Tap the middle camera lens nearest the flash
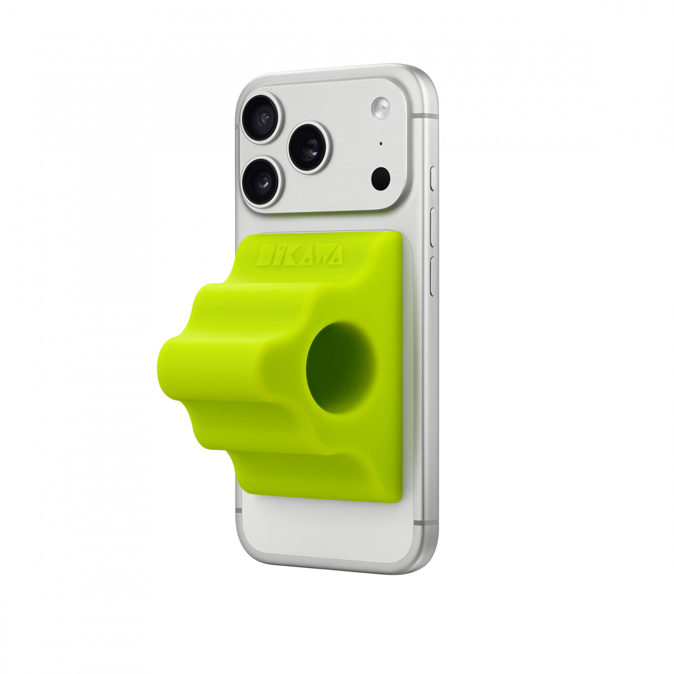[309, 148]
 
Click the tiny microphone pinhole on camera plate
[380, 143]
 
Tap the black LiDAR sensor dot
[380, 178]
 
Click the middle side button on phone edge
[434, 227]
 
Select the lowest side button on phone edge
[434, 276]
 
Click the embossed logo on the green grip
[300, 254]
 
